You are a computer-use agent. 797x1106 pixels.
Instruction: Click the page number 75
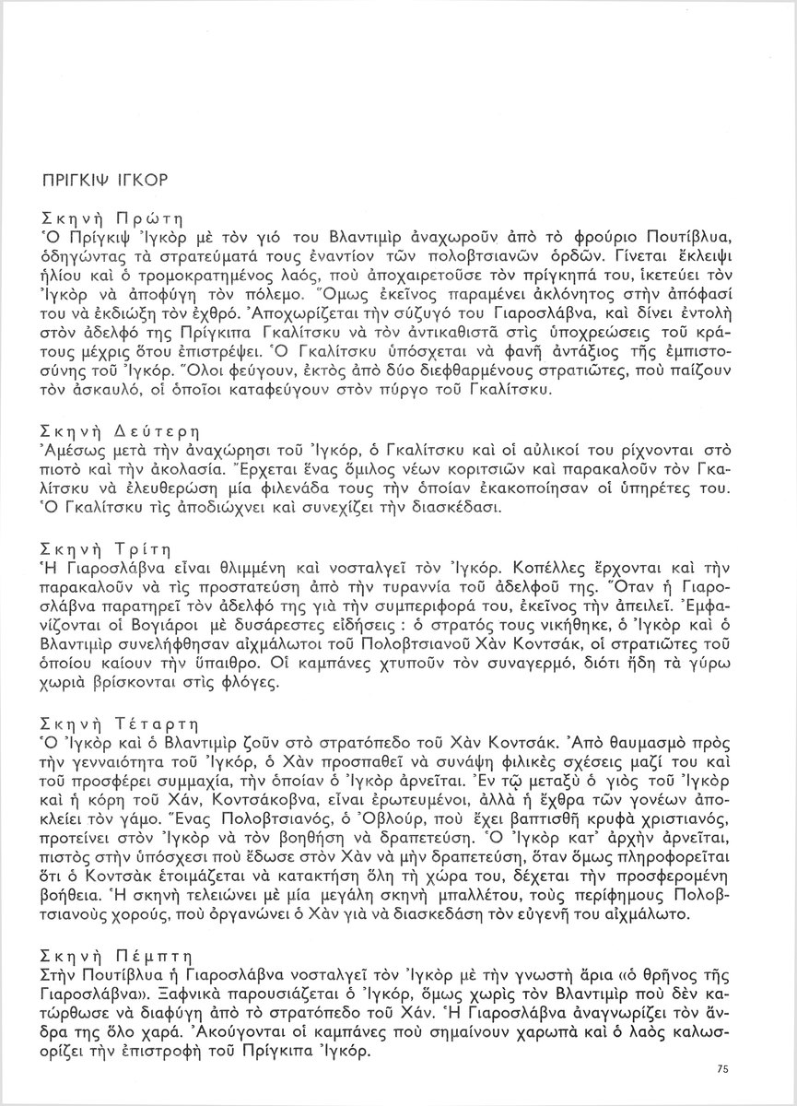721,1068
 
